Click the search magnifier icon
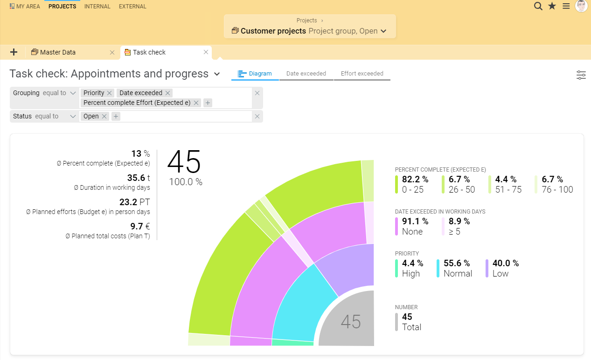538,6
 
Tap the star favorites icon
552,6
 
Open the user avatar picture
581,6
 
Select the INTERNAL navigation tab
97,7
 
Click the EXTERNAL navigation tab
132,7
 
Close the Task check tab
206,52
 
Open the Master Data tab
58,52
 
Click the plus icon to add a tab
14,52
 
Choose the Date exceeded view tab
306,74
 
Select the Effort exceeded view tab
362,74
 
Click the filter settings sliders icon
581,75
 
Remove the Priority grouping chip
109,93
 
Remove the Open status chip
104,116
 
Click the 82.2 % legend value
415,179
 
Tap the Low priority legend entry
502,269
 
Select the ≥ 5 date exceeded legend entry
459,226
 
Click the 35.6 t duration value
138,178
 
